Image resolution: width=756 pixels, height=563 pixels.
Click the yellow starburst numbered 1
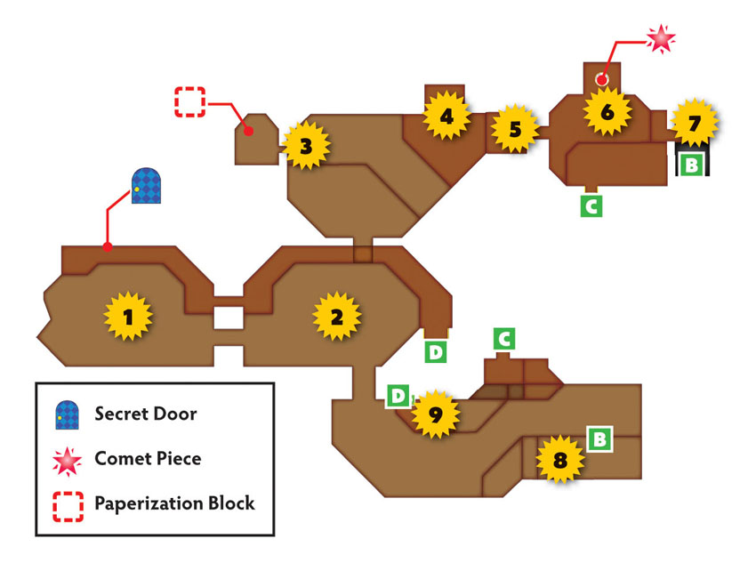tap(128, 317)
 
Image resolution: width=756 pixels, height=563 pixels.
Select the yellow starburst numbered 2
tap(336, 317)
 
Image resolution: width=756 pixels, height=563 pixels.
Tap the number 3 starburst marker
tap(306, 146)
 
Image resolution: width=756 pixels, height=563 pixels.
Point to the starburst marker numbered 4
tap(446, 116)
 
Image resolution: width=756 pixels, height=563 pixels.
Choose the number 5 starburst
tap(515, 128)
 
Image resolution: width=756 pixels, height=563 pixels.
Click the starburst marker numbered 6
tap(607, 112)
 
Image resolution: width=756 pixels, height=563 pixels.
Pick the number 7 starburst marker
tap(694, 123)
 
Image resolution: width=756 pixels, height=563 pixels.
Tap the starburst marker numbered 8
tap(559, 459)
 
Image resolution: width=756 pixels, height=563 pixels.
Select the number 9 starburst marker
tap(435, 414)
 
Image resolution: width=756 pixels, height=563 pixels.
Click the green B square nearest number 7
tap(691, 165)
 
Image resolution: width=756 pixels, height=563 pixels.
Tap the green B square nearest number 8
tap(599, 439)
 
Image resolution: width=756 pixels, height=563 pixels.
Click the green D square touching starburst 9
tap(398, 396)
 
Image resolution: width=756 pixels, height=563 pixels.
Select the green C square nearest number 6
tap(591, 205)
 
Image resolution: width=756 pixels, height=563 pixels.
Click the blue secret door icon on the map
tap(146, 186)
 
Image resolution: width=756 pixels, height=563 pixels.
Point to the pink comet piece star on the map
tap(661, 38)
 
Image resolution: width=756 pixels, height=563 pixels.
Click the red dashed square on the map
tap(190, 101)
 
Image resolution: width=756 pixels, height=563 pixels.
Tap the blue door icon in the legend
tap(67, 414)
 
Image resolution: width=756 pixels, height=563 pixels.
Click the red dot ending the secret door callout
tap(108, 246)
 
